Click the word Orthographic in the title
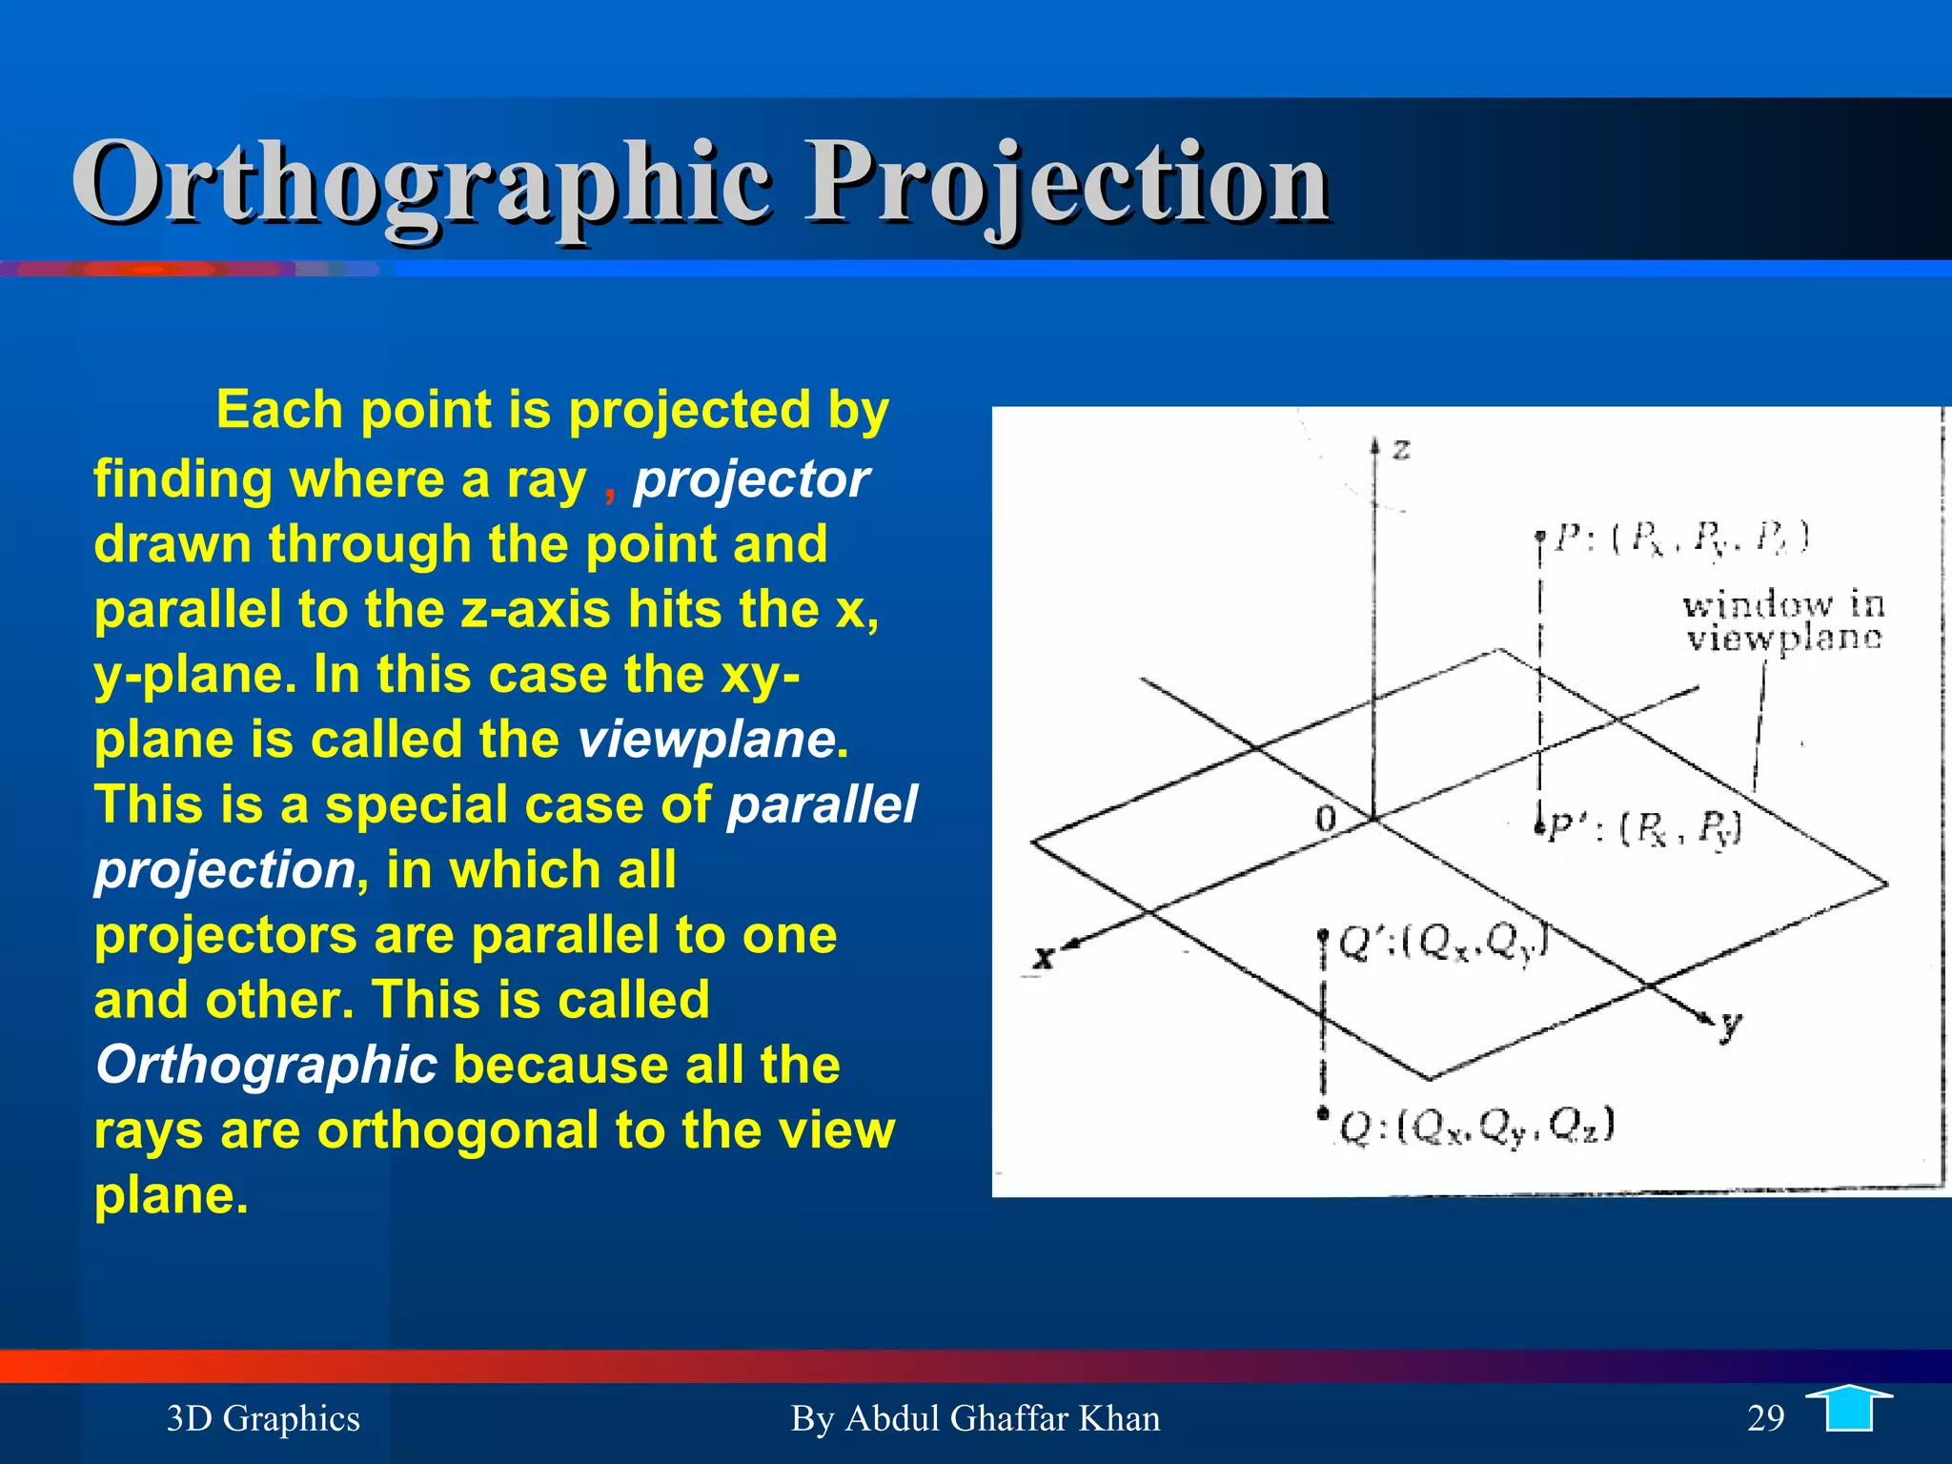click(419, 183)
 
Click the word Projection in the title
click(1067, 183)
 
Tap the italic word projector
click(751, 479)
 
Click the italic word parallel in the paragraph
click(822, 804)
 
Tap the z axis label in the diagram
click(1401, 448)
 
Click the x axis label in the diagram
click(1045, 957)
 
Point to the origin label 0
click(1326, 819)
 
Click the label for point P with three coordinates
click(1682, 539)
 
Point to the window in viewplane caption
click(1782, 620)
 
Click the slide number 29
click(1765, 1418)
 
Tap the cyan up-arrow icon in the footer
click(1849, 1409)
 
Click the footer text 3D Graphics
click(263, 1418)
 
